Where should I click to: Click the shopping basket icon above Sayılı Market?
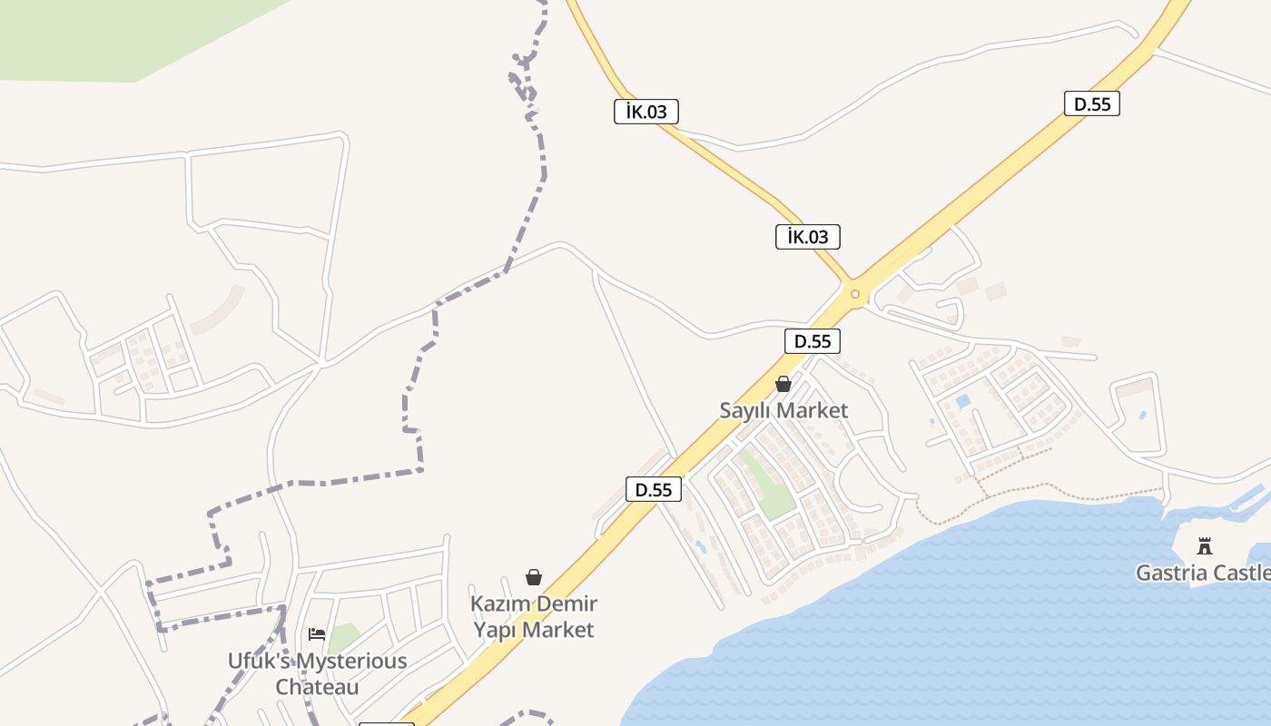pyautogui.click(x=783, y=384)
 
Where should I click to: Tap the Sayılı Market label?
pyautogui.click(x=783, y=410)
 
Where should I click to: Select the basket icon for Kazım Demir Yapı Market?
pyautogui.click(x=534, y=577)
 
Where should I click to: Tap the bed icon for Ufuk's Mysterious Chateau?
pyautogui.click(x=317, y=633)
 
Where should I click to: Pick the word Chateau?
pyautogui.click(x=317, y=687)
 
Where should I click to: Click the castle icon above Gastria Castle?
pyautogui.click(x=1205, y=546)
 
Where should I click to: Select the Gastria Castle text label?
pyautogui.click(x=1203, y=574)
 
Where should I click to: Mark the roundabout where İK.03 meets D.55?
pyautogui.click(x=854, y=293)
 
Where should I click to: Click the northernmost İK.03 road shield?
pyautogui.click(x=646, y=112)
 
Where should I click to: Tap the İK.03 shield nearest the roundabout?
pyautogui.click(x=808, y=237)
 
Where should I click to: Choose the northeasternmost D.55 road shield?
pyautogui.click(x=1092, y=103)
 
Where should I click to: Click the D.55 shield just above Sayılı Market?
pyautogui.click(x=813, y=341)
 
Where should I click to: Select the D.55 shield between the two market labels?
pyautogui.click(x=654, y=489)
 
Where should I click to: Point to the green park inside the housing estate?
pyautogui.click(x=764, y=486)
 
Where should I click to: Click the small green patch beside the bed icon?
pyautogui.click(x=343, y=637)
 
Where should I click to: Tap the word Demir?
pyautogui.click(x=567, y=603)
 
